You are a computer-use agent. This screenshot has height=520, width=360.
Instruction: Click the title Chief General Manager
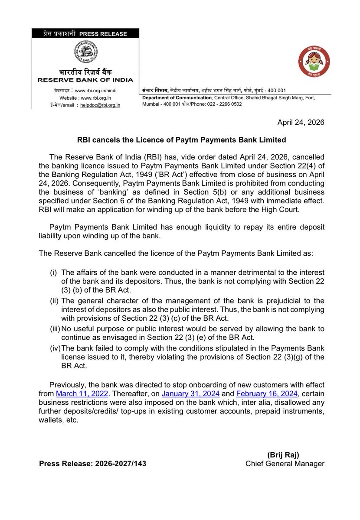[x=285, y=464]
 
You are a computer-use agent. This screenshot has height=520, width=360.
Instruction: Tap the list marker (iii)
[x=54, y=330]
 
